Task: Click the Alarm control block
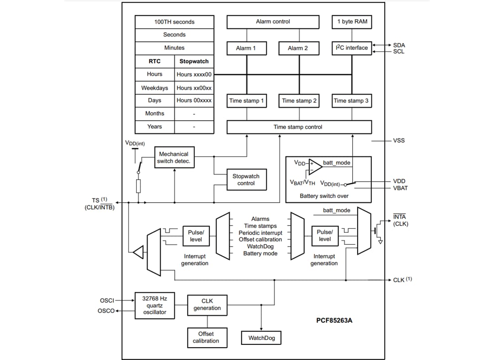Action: click(x=273, y=22)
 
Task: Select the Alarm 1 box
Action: click(x=247, y=48)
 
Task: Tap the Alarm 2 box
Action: click(x=298, y=48)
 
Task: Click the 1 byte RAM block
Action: click(x=352, y=22)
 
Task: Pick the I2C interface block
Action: click(x=352, y=48)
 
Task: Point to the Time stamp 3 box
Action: click(x=351, y=101)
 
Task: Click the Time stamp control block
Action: click(x=299, y=127)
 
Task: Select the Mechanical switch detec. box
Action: click(x=174, y=158)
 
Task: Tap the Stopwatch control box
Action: click(x=246, y=180)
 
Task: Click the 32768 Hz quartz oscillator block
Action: click(x=155, y=306)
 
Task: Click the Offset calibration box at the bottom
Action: click(x=206, y=338)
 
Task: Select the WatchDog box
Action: click(x=261, y=338)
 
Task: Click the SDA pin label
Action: click(x=399, y=45)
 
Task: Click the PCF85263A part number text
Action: click(x=334, y=321)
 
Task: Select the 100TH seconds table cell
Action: click(x=174, y=22)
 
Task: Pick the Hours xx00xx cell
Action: click(x=194, y=88)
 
